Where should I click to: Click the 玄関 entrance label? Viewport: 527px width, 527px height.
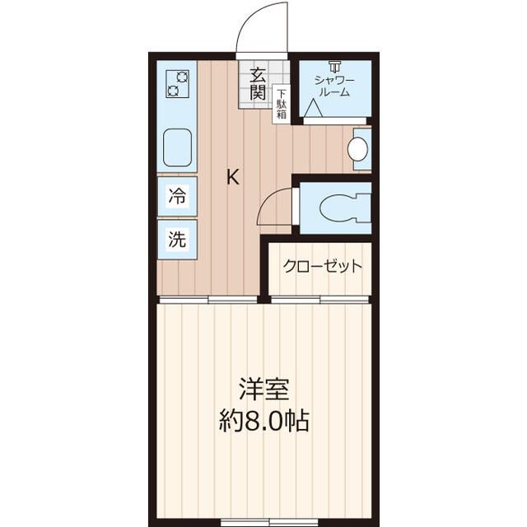[x=257, y=82]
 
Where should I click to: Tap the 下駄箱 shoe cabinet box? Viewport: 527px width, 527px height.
[x=282, y=105]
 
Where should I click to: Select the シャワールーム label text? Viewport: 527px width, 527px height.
[x=334, y=86]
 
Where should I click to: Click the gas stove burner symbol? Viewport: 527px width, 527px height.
[x=178, y=82]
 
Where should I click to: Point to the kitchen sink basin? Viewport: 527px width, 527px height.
[x=178, y=147]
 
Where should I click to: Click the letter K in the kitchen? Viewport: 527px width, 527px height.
[x=234, y=176]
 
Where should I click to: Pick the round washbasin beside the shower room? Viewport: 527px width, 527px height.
[x=357, y=149]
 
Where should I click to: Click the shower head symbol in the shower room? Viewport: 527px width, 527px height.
[x=334, y=66]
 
